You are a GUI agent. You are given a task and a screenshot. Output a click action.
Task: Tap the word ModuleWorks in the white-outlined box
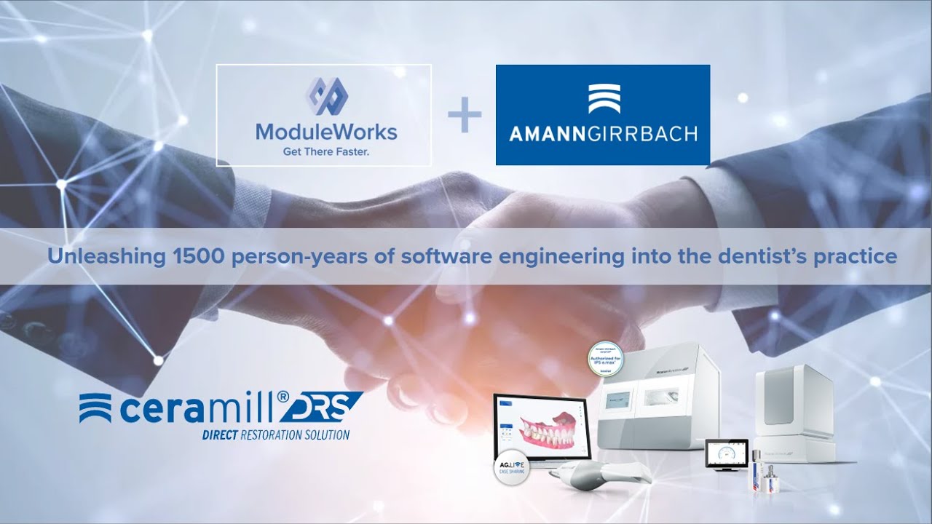pos(325,132)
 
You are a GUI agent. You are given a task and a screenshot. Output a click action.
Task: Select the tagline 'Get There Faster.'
pos(325,152)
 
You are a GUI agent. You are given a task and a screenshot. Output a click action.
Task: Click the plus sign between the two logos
pos(465,117)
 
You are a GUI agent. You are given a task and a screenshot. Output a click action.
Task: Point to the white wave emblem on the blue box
pos(604,99)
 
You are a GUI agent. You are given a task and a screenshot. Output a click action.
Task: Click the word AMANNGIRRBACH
pos(603,134)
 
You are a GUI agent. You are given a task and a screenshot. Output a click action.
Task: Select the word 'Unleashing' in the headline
pos(87,256)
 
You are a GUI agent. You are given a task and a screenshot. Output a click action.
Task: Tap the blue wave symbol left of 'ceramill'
pos(95,408)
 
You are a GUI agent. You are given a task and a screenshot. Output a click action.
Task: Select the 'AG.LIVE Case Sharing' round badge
pos(513,467)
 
